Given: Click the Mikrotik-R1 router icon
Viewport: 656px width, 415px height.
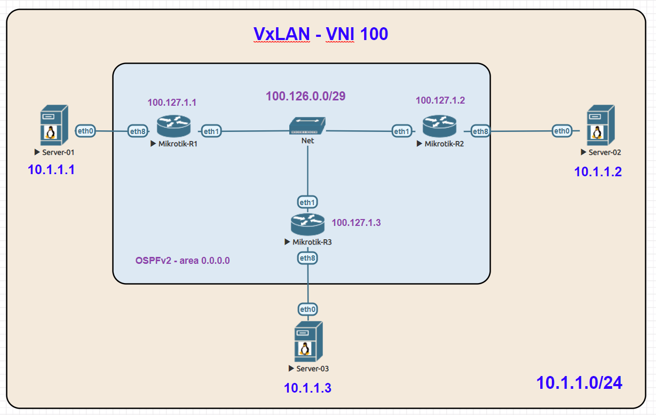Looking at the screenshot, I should [173, 127].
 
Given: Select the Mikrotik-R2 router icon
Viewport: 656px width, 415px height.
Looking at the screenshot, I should [439, 127].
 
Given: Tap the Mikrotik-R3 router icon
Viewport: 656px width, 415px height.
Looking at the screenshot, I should [308, 224].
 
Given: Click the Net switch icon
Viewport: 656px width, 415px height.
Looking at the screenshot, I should [307, 126].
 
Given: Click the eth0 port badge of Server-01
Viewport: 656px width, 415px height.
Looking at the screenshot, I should [86, 130].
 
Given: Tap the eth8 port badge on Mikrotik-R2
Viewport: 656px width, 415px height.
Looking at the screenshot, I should [480, 131].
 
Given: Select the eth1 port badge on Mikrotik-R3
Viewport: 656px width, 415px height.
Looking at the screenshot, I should [308, 202].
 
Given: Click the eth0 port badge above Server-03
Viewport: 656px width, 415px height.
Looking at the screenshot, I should [308, 309].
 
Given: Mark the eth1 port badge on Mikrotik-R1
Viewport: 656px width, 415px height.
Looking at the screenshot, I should [211, 131].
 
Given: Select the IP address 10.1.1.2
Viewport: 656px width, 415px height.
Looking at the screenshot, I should [598, 171].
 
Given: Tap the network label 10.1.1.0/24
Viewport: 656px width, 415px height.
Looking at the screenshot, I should [579, 382].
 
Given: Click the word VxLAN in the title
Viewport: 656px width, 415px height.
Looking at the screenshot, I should [281, 34].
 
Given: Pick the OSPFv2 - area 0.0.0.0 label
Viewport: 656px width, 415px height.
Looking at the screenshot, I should [183, 261].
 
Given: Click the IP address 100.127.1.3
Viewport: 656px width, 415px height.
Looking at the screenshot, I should [356, 223].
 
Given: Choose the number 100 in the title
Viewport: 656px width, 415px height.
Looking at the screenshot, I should [374, 34].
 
